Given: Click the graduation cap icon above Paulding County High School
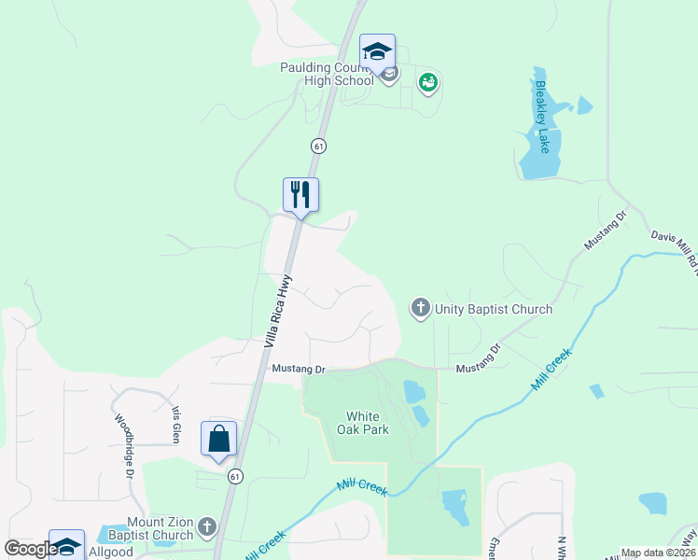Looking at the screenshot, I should [x=377, y=51].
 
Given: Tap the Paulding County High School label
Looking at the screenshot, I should [x=328, y=74].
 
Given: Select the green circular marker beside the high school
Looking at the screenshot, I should [x=428, y=83].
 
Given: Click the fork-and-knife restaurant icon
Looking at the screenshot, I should [x=300, y=194].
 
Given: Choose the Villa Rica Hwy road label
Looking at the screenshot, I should [x=278, y=310].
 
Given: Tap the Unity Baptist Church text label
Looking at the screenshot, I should [x=494, y=309].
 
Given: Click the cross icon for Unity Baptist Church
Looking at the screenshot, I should [x=421, y=307].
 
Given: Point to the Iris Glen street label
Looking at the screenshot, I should [x=174, y=424].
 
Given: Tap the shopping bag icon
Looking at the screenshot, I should [x=218, y=438].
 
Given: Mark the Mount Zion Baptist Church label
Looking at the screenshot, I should [x=160, y=528].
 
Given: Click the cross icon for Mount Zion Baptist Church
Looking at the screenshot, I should [x=207, y=527].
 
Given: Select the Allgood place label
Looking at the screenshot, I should [x=111, y=552].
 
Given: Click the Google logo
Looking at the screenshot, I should [x=30, y=549].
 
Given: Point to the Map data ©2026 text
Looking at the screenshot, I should [x=658, y=553].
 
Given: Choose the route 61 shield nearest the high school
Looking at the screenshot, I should [x=319, y=147].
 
